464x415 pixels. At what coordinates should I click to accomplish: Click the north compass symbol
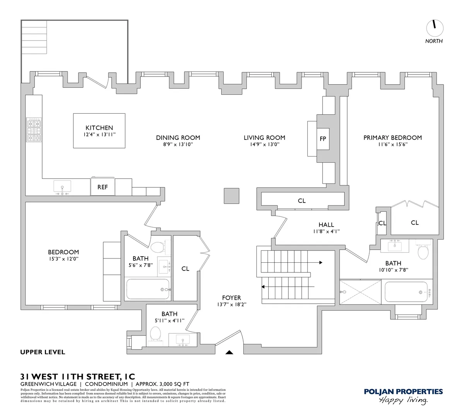(435, 27)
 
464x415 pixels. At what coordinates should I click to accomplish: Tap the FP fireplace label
(323, 139)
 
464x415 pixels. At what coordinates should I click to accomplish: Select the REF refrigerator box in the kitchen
(102, 187)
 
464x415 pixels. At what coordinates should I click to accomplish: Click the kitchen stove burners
(33, 130)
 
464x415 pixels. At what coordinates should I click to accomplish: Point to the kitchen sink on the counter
(62, 187)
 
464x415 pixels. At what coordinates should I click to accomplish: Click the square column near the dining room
(232, 196)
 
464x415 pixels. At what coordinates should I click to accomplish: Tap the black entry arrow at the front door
(229, 352)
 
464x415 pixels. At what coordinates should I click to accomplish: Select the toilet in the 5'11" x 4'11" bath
(155, 333)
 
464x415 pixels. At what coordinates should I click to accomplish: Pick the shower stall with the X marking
(360, 292)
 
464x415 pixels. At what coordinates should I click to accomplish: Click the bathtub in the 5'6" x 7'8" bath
(148, 289)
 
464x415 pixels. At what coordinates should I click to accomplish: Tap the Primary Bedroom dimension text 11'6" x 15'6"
(392, 145)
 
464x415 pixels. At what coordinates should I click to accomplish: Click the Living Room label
(264, 138)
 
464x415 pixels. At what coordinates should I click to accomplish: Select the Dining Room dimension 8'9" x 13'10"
(178, 145)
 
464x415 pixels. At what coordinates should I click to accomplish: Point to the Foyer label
(232, 298)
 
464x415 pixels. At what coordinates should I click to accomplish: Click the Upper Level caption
(43, 352)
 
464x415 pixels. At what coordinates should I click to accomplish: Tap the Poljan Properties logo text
(403, 391)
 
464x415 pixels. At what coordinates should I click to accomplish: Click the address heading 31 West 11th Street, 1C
(78, 376)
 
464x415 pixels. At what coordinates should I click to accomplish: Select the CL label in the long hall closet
(302, 201)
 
